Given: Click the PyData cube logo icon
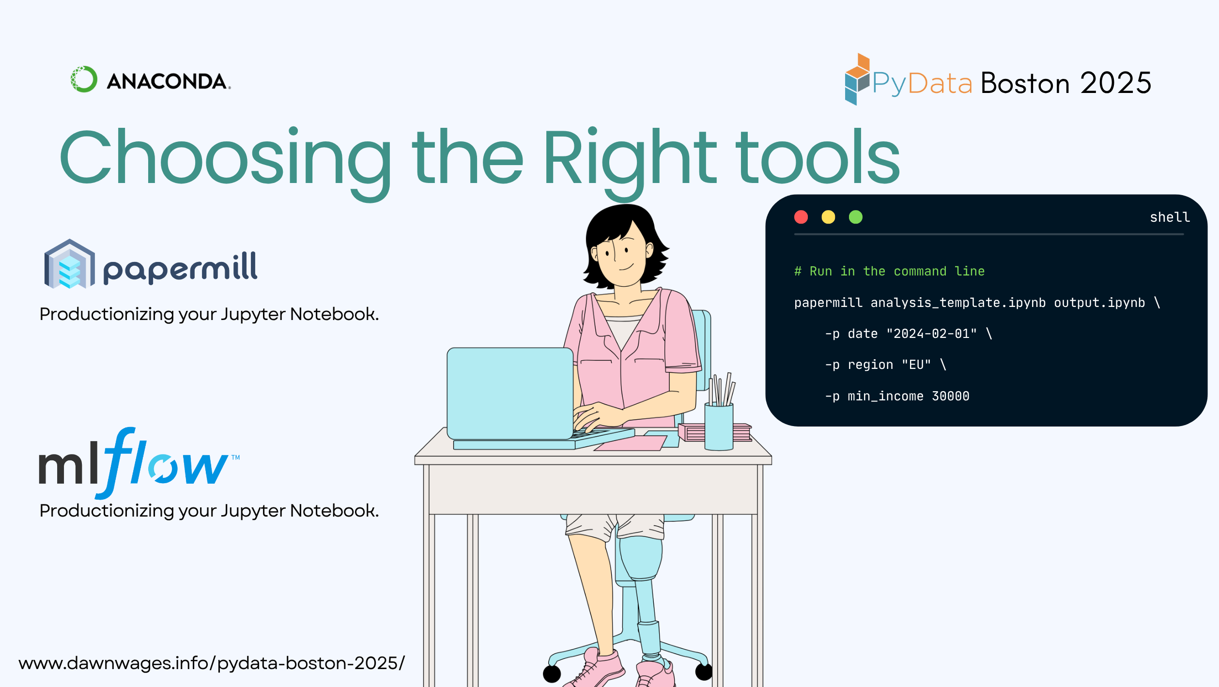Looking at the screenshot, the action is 857,79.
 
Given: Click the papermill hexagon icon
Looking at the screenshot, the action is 70,264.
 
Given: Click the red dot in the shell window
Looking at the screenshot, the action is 801,217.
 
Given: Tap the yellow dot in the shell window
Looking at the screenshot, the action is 828,217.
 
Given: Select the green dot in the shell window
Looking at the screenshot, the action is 856,217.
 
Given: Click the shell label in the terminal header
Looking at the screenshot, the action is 1170,217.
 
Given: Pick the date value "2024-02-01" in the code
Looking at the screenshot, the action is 931,334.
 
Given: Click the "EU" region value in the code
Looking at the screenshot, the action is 916,365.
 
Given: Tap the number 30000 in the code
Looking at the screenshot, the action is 951,396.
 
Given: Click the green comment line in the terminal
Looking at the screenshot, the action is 889,271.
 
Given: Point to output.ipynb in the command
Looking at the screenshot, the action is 1099,303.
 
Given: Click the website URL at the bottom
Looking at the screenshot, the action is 212,663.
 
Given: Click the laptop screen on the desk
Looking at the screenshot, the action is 510,393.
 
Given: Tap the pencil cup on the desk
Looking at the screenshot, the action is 719,426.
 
